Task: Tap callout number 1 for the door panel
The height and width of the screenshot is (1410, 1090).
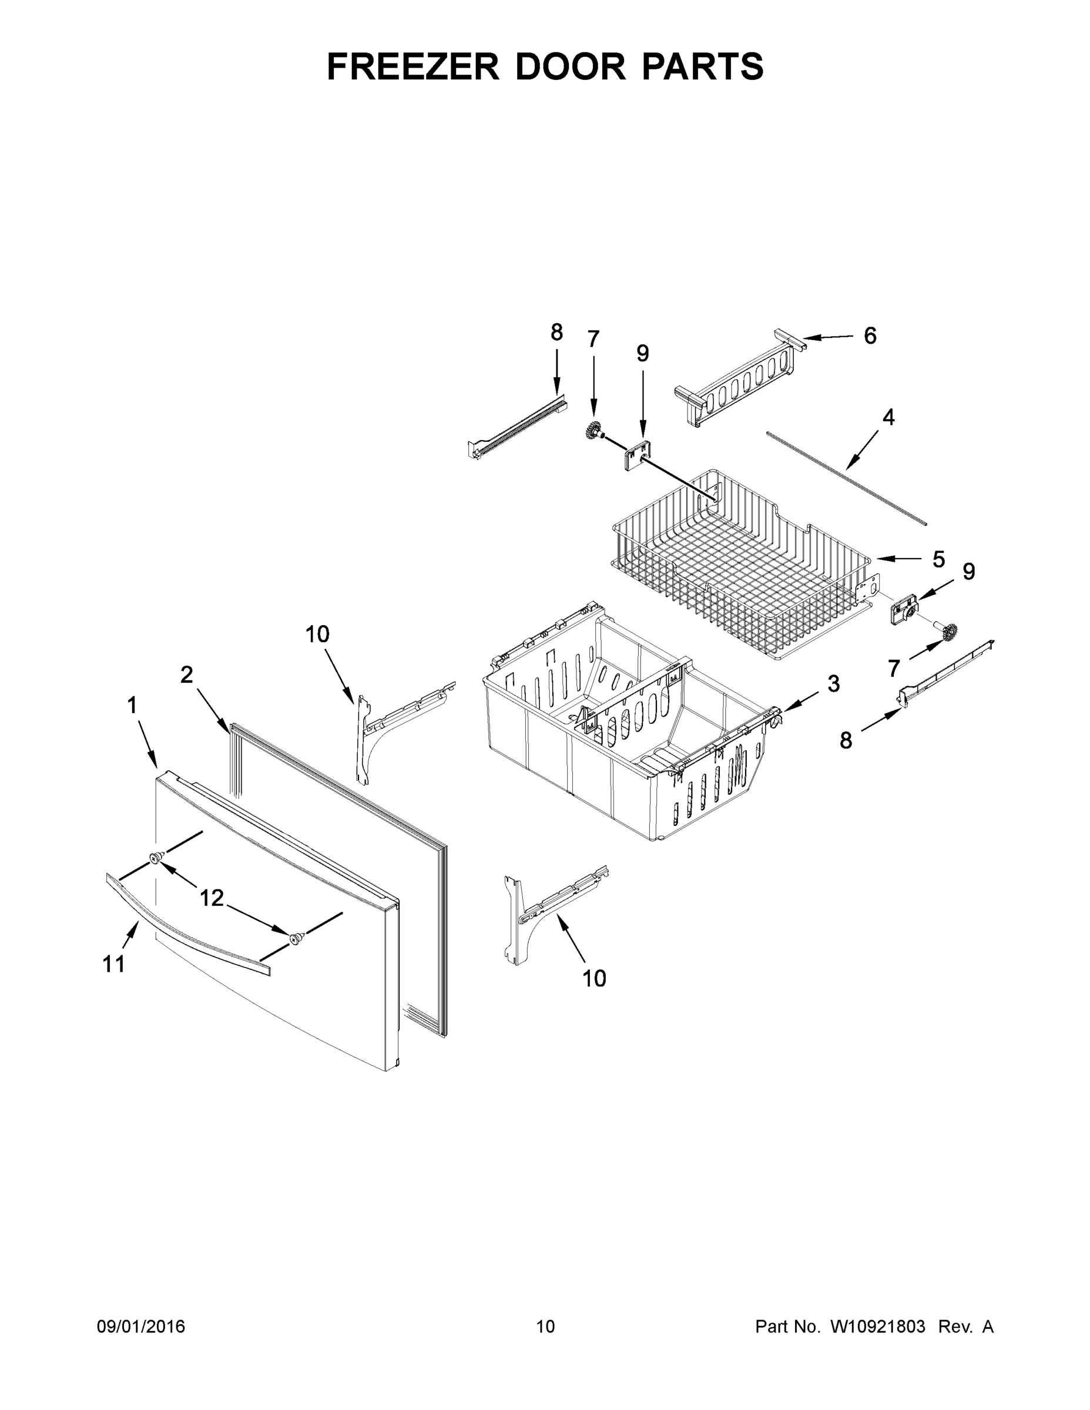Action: coord(132,706)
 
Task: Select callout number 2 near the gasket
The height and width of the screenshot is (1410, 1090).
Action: coord(187,674)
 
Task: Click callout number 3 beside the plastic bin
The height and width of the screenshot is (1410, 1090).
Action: coord(834,684)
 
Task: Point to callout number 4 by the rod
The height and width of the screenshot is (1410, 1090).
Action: coord(888,418)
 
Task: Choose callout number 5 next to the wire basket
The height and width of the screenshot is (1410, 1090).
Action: coord(938,559)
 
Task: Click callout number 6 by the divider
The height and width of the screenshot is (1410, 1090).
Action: coord(870,335)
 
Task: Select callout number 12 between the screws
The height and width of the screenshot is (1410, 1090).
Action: coord(211,897)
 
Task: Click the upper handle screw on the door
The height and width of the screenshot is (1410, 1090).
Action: coord(156,857)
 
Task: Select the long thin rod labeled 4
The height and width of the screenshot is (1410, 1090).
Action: coord(846,476)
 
